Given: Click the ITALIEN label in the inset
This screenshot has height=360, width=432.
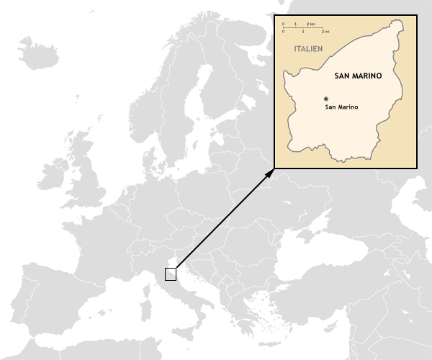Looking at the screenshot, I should click(308, 49).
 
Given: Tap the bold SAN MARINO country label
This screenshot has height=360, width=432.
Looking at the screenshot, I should click(358, 75).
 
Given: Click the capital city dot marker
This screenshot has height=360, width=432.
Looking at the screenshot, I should click(326, 99).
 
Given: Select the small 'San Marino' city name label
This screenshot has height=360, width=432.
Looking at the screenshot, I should click(341, 107).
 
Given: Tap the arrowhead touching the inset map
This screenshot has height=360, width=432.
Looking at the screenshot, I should click(271, 171).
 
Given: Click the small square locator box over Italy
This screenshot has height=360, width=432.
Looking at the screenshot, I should click(171, 274).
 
